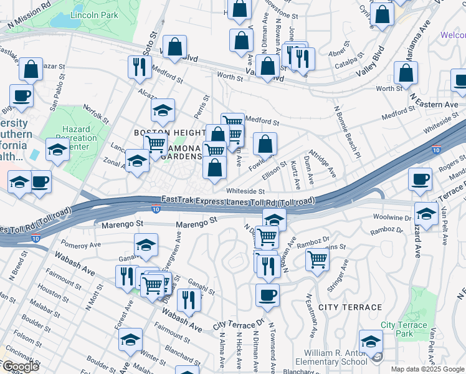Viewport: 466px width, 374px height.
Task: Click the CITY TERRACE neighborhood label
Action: tap(349, 307)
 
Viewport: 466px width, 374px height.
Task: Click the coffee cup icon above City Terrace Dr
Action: tap(267, 295)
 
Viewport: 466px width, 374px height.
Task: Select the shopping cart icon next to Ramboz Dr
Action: tap(318, 258)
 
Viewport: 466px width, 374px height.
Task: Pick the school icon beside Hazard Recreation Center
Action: tap(57, 150)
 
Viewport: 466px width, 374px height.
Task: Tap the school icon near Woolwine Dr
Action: tap(426, 213)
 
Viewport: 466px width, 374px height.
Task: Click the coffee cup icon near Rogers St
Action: tap(420, 178)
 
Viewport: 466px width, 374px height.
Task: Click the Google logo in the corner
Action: tap(20, 367)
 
